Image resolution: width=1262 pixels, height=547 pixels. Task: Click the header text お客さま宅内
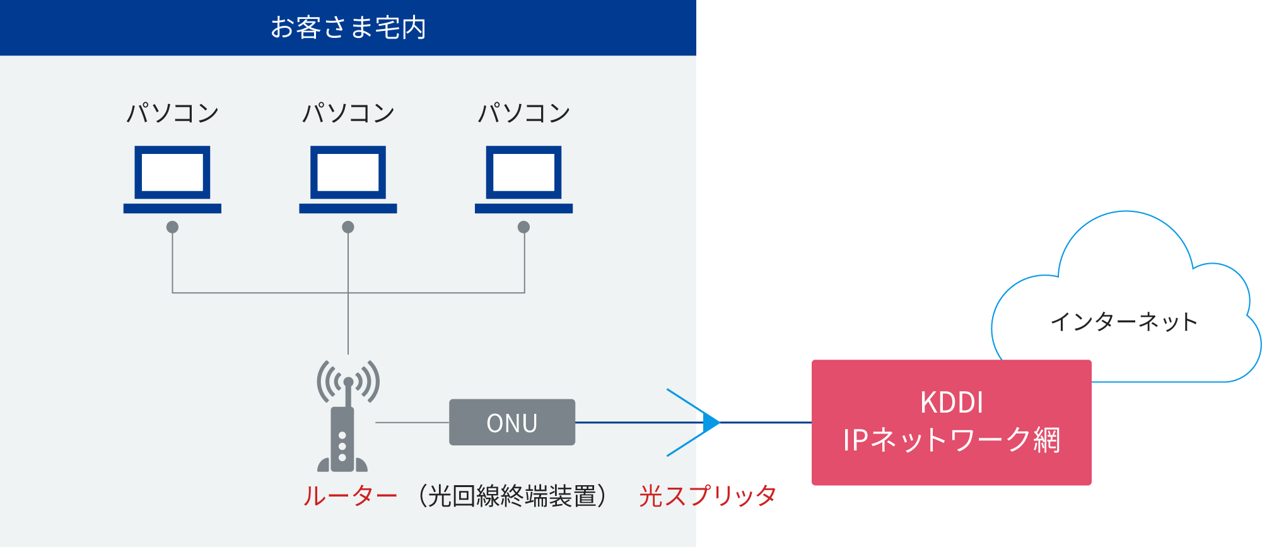348,28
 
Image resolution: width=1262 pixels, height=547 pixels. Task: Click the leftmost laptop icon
172,179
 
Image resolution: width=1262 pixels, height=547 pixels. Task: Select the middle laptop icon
348,179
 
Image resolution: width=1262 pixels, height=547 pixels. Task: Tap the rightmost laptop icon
523,179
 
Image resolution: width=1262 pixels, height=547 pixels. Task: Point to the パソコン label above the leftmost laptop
172,113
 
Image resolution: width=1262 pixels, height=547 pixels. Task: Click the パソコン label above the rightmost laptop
523,113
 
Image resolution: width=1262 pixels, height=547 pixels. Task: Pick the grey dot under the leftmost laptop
172,227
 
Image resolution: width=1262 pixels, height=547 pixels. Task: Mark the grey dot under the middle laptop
348,227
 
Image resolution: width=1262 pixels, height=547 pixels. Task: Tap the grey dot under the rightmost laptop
523,227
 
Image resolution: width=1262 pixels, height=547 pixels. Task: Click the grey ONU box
511,422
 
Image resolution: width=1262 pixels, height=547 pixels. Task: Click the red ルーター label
350,496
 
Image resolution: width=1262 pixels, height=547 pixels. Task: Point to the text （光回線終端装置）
512,496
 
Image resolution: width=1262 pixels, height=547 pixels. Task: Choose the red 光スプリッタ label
707,496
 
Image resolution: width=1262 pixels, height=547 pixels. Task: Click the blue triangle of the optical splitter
711,422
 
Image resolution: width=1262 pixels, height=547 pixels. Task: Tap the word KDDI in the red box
951,403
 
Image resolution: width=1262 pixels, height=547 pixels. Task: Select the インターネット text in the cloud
1123,322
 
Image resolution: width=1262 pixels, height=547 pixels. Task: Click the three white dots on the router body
342,446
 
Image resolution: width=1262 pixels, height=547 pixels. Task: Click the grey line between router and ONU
412,422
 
